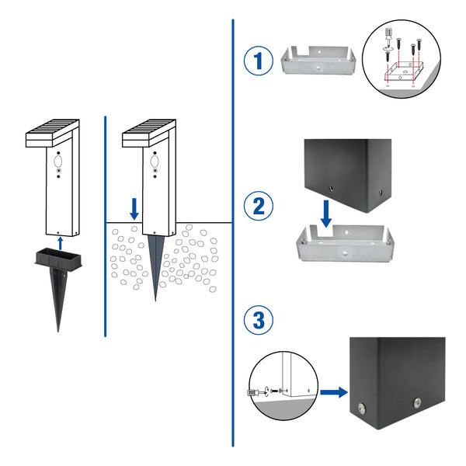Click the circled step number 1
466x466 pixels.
pyautogui.click(x=257, y=61)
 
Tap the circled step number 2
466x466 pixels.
pyautogui.click(x=257, y=206)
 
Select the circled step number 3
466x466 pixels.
pyautogui.click(x=257, y=319)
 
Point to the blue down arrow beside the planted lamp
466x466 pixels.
pyautogui.click(x=134, y=207)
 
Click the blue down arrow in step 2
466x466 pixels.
pyautogui.click(x=326, y=214)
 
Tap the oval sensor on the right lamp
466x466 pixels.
pyautogui.click(x=155, y=162)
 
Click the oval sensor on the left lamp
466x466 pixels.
pyautogui.click(x=58, y=162)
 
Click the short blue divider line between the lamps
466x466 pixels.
pyautogui.click(x=105, y=225)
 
